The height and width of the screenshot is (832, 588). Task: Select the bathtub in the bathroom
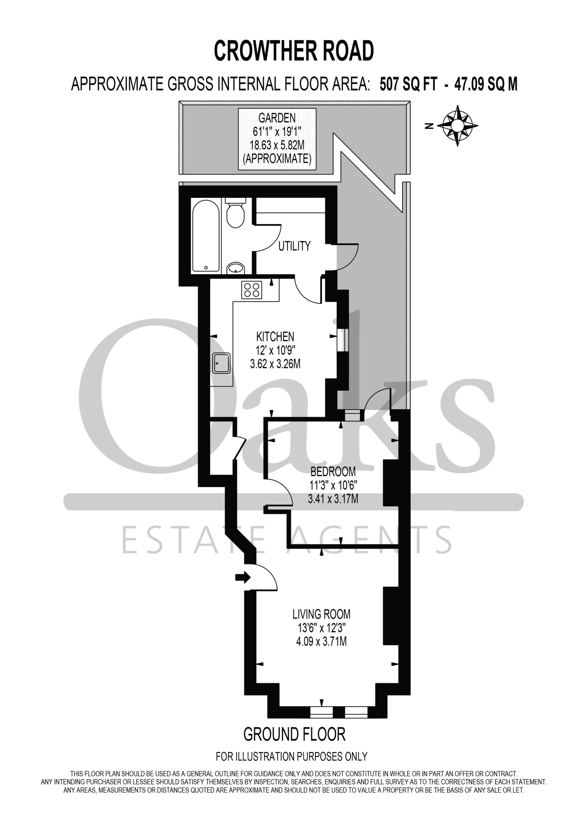(206, 236)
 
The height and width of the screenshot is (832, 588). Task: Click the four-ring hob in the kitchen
(252, 290)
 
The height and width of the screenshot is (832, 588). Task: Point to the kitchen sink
(221, 363)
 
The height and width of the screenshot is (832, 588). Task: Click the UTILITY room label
(294, 246)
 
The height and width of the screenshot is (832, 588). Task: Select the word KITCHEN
(275, 337)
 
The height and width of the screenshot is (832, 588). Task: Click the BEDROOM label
(333, 472)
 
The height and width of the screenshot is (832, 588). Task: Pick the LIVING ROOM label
(321, 614)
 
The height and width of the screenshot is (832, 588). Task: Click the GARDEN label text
(277, 118)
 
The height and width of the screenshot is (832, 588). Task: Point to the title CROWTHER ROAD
(294, 51)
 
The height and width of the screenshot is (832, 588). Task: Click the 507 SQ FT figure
(408, 84)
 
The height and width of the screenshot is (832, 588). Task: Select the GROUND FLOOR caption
(294, 734)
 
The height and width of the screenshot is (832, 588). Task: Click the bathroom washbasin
(236, 268)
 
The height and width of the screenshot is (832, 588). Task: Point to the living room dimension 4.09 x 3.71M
(321, 642)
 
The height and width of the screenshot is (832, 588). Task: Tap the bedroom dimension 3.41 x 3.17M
(333, 499)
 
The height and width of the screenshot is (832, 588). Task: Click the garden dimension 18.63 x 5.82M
(277, 145)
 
